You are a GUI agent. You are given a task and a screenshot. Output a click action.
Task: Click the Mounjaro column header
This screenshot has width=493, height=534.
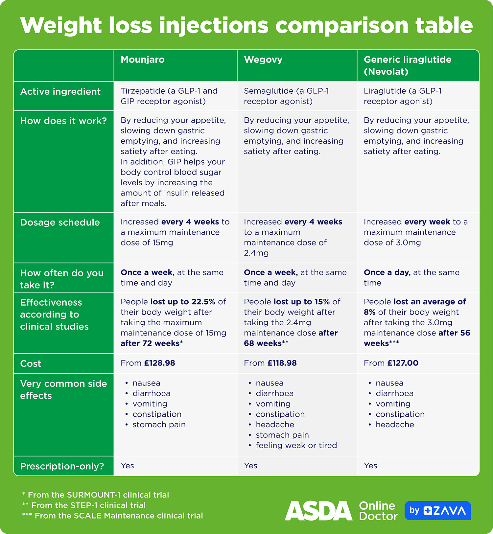click(143, 60)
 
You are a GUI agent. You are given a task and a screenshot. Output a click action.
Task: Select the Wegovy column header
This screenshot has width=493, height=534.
click(263, 60)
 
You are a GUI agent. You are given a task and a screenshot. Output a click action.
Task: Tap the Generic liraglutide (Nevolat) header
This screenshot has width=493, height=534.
click(407, 65)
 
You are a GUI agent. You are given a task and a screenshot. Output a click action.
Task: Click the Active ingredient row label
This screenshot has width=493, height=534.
click(60, 92)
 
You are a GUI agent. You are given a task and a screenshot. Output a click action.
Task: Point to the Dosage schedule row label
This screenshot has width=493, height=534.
click(60, 222)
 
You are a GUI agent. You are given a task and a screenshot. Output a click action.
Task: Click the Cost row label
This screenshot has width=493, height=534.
click(31, 364)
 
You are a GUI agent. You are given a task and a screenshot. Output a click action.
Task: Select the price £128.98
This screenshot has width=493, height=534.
click(159, 363)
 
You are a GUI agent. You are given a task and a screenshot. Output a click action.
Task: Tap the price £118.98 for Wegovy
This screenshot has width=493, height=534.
click(282, 363)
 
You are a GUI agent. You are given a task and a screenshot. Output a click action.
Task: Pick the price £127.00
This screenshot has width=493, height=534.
click(403, 363)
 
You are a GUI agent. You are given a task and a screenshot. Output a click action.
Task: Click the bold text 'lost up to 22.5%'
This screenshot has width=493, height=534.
click(183, 302)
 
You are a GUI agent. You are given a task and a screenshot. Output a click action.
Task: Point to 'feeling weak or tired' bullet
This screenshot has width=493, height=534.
click(296, 445)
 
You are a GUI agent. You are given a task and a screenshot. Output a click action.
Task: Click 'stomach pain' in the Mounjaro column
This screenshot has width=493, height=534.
click(159, 425)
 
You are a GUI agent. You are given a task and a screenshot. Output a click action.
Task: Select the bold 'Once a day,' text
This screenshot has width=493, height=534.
click(387, 272)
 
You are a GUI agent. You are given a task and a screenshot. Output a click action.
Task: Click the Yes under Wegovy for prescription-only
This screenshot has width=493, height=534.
click(250, 466)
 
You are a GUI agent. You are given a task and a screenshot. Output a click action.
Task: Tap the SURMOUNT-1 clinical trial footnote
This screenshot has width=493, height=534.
click(95, 495)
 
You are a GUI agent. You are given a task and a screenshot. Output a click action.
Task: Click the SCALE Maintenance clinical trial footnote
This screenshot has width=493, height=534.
click(112, 516)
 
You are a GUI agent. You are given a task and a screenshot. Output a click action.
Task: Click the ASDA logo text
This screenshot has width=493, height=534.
click(318, 511)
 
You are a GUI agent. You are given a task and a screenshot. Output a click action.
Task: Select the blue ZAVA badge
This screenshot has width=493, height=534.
click(437, 511)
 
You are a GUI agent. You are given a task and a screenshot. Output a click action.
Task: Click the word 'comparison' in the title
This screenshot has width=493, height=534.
click(342, 25)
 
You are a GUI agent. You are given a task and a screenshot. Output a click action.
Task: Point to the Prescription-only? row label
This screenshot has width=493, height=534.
click(62, 466)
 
